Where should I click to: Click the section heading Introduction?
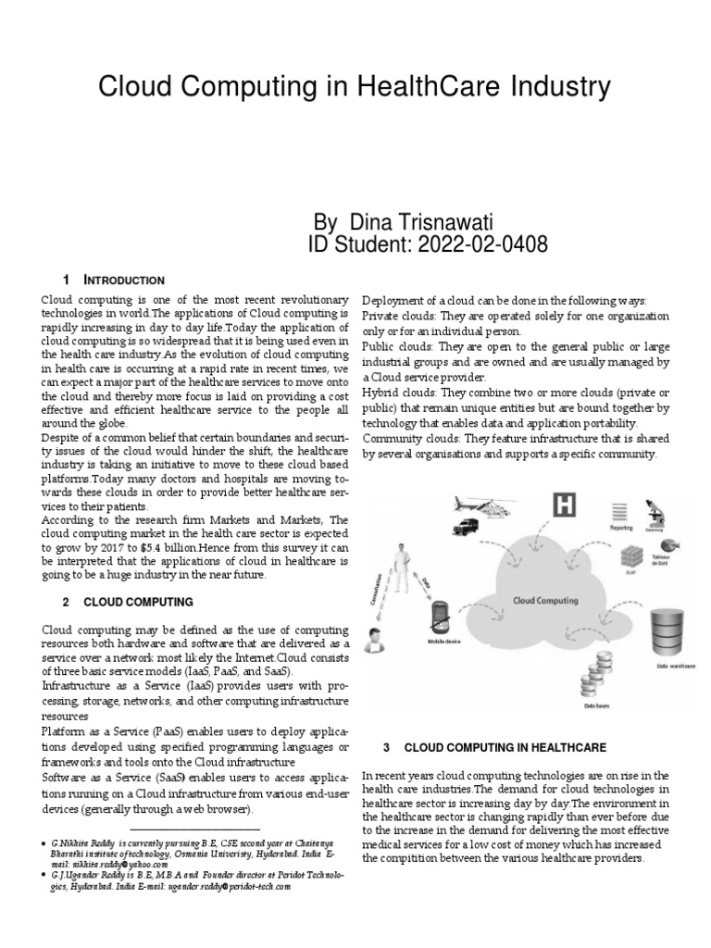[x=124, y=281]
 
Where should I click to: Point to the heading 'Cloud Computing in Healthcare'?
[x=506, y=746]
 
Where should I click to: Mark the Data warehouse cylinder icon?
[x=674, y=633]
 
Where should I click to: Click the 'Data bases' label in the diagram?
[x=596, y=705]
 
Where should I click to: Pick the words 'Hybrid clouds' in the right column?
[x=395, y=393]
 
